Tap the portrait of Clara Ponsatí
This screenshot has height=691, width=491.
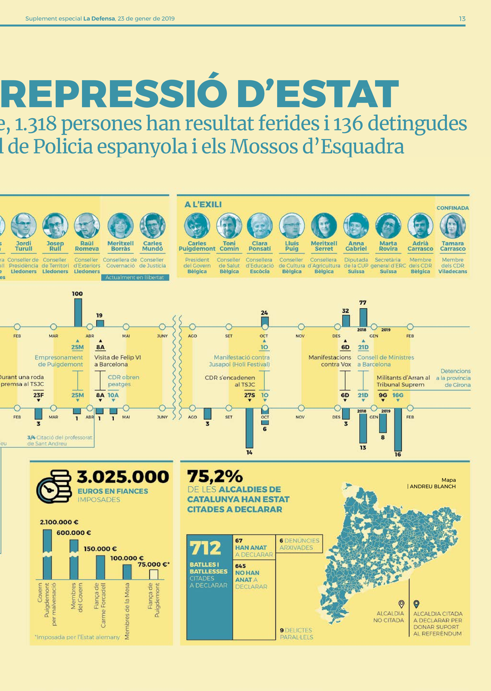pyautogui.click(x=259, y=225)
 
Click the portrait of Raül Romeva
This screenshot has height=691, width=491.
pyautogui.click(x=87, y=225)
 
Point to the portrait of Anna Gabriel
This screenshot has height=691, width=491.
pyautogui.click(x=356, y=225)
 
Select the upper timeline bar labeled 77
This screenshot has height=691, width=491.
pyautogui.click(x=363, y=317)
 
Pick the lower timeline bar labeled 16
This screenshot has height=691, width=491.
pyautogui.click(x=398, y=429)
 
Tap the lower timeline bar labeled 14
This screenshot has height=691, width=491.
pyautogui.click(x=249, y=428)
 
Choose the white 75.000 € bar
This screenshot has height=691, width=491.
pyautogui.click(x=154, y=574)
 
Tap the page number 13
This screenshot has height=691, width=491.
pyautogui.click(x=462, y=19)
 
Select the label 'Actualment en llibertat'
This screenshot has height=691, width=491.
pyautogui.click(x=135, y=277)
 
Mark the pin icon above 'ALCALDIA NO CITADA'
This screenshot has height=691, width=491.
pyautogui.click(x=401, y=604)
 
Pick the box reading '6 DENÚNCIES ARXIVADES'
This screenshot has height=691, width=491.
pyautogui.click(x=299, y=544)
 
